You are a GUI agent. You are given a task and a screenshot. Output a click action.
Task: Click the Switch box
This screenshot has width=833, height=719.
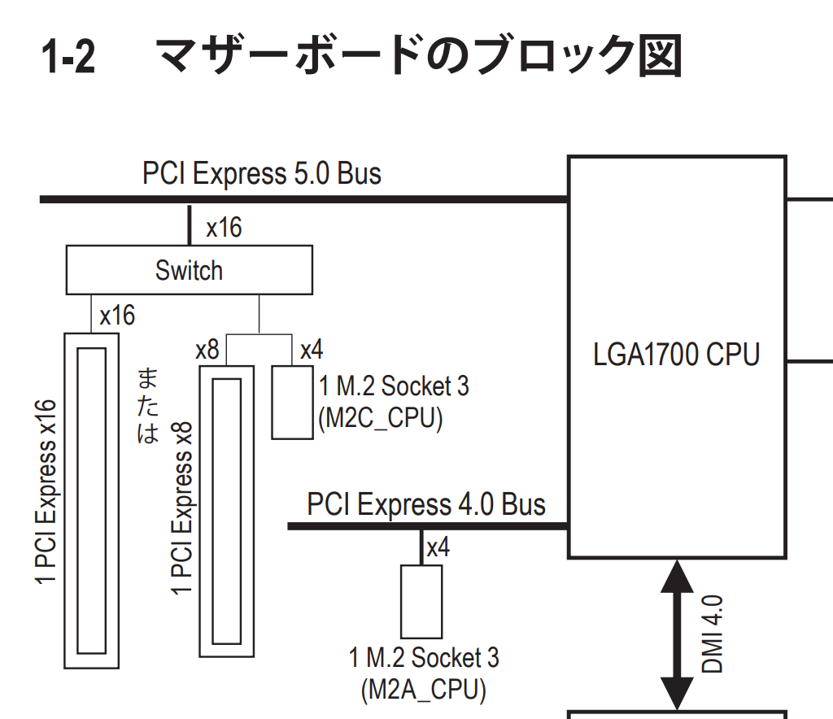189,270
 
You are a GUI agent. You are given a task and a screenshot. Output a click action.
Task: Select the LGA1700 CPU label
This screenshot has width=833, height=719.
677,355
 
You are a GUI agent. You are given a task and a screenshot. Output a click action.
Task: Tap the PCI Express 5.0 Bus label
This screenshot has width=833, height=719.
262,173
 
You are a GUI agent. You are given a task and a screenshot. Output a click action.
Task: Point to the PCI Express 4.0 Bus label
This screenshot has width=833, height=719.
426,505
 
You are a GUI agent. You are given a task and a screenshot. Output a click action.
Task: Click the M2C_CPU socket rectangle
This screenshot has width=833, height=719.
292,402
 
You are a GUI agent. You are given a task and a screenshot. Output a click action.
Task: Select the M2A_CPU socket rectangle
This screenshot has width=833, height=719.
421,601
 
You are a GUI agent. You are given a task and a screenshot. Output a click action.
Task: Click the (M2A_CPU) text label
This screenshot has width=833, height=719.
423,690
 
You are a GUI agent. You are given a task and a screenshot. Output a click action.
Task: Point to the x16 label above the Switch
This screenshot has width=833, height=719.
224,227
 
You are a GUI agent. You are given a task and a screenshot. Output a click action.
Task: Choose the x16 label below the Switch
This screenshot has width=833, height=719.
117,316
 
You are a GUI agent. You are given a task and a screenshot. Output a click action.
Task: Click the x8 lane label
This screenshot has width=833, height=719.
207,351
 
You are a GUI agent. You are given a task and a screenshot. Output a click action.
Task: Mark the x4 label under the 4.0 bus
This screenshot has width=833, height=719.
438,547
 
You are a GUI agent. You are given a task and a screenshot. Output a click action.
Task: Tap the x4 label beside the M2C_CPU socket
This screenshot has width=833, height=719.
312,351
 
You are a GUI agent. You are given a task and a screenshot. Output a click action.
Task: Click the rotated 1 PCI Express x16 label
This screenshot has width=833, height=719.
47,492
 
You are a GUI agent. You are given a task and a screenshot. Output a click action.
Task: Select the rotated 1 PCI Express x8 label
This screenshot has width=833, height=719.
182,508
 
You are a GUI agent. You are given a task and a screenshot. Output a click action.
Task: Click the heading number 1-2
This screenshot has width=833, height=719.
68,59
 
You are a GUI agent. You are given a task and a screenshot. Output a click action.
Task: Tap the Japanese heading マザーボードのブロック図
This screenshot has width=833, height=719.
419,57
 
